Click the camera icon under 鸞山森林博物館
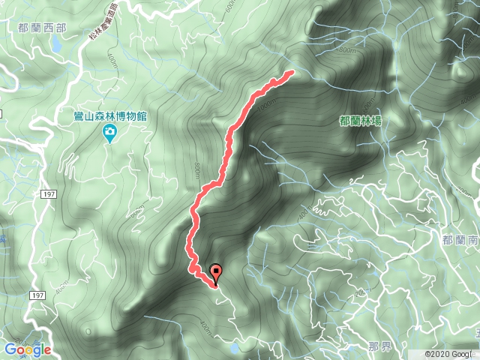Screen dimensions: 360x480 pyautogui.click(x=109, y=133)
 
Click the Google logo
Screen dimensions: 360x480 pyautogui.click(x=27, y=349)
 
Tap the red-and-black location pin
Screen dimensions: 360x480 pyautogui.click(x=217, y=274)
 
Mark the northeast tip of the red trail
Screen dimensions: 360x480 pyautogui.click(x=290, y=73)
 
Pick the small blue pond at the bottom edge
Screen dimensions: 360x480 pyautogui.click(x=236, y=349)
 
